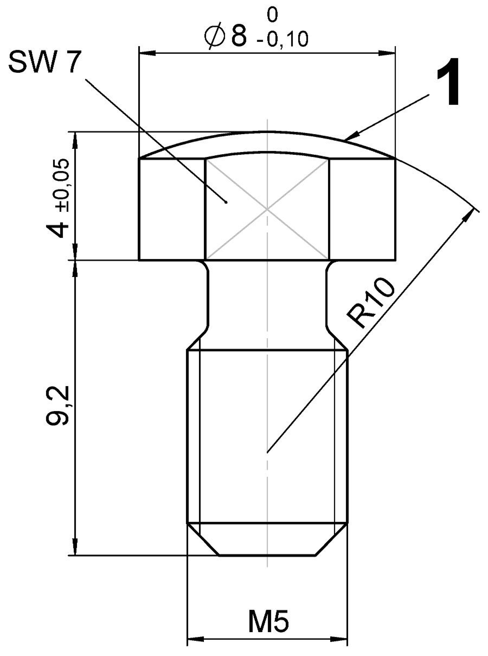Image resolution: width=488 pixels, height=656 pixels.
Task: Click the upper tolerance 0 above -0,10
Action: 273,15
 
